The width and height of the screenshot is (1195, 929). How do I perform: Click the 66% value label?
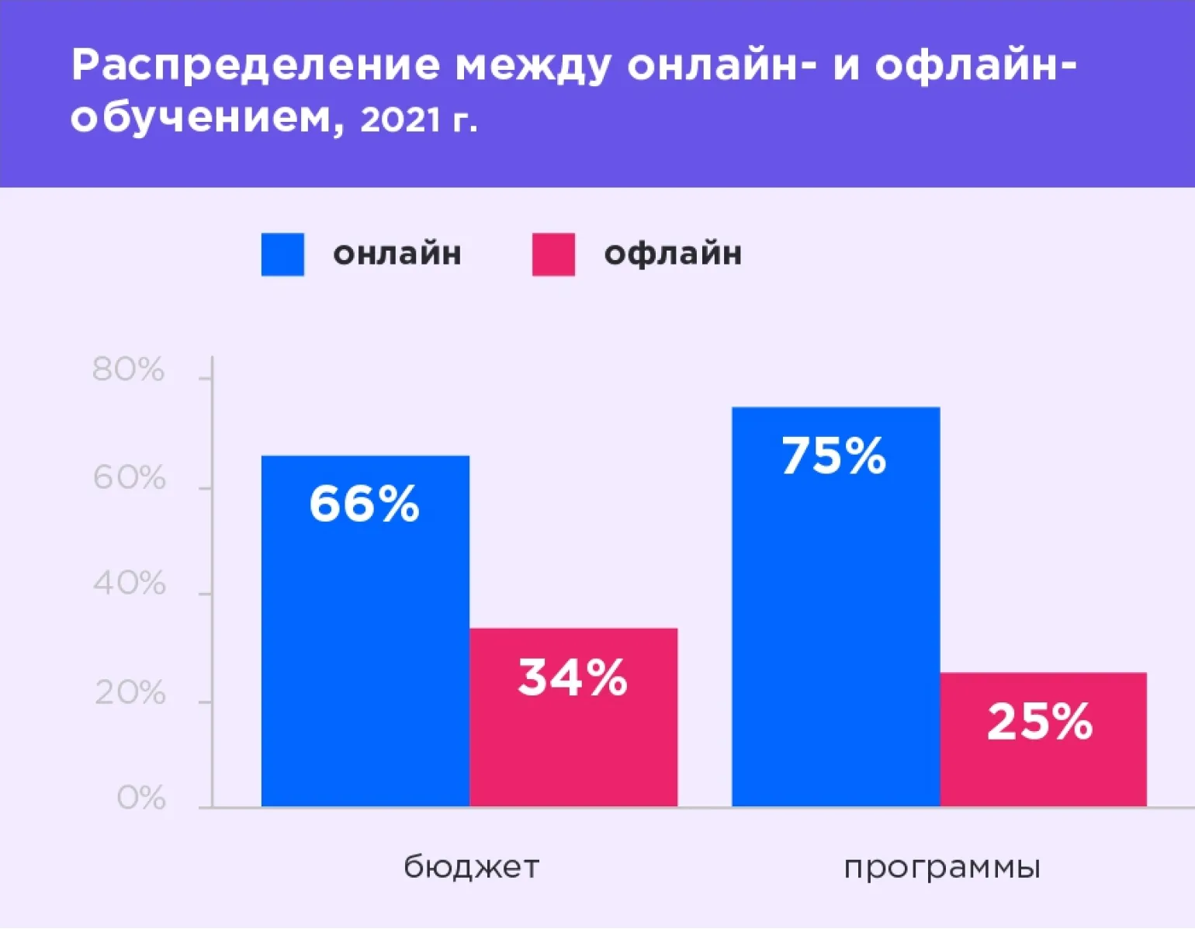click(x=364, y=504)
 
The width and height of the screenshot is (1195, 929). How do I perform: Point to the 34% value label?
click(x=573, y=677)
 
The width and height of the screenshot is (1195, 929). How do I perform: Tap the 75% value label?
click(x=833, y=456)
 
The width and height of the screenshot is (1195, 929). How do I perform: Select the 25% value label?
click(x=1040, y=721)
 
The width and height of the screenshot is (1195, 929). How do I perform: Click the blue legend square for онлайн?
click(x=282, y=255)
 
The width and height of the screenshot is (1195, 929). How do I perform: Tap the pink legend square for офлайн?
click(x=553, y=255)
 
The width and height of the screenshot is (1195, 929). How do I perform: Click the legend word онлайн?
click(x=397, y=254)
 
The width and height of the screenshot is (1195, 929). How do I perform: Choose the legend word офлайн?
click(x=673, y=254)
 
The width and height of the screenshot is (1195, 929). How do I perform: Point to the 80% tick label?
click(x=129, y=369)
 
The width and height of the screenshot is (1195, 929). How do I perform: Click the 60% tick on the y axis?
click(x=129, y=478)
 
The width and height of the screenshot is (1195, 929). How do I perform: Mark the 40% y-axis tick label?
click(x=129, y=584)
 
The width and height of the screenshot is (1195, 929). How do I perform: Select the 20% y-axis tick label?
click(x=130, y=693)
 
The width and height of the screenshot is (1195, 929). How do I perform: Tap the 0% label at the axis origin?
click(x=141, y=798)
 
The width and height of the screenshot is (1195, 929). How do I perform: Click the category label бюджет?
click(x=471, y=867)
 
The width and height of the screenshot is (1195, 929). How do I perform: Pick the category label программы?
click(x=942, y=867)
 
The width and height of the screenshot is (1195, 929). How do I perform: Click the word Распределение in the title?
click(x=255, y=65)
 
